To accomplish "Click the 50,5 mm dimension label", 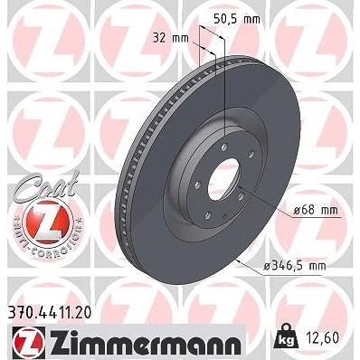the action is tap(237, 19).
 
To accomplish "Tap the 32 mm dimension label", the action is tap(171, 38).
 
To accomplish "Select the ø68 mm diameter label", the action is tap(316, 210).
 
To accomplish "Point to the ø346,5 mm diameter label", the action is tap(295, 266).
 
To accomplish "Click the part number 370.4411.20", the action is tap(48, 313).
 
